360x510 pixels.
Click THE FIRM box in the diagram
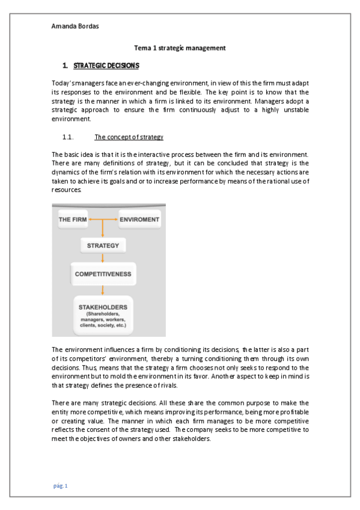coord(72,220)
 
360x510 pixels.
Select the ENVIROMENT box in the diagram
coord(139,220)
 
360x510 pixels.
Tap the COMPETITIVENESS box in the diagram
coord(103,274)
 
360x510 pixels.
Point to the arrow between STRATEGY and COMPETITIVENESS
coord(103,257)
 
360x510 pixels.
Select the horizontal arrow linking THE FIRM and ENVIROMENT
coord(103,220)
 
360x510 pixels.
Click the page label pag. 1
coord(61,485)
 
